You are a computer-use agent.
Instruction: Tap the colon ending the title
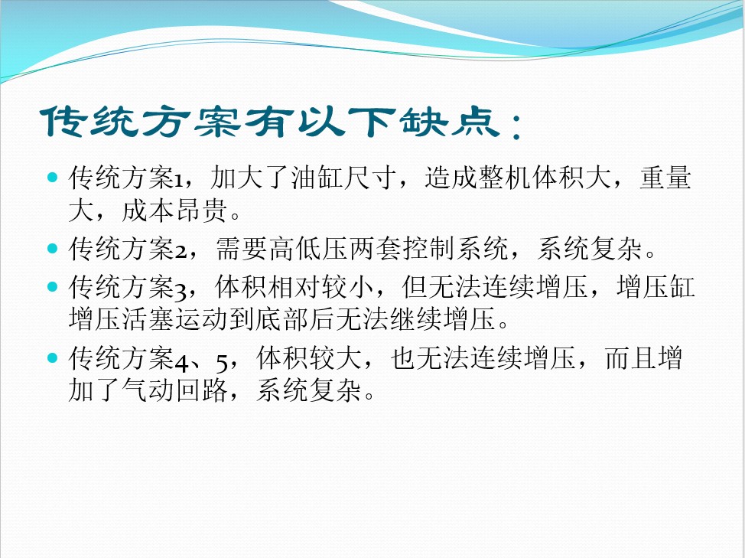[x=517, y=126]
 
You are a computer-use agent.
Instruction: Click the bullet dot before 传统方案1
[x=52, y=178]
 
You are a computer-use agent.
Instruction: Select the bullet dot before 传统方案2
[x=52, y=247]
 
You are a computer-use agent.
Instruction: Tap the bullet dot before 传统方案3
[x=52, y=287]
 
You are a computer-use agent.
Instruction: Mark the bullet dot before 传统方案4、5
[x=52, y=357]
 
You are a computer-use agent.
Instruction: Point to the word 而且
[x=629, y=358]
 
